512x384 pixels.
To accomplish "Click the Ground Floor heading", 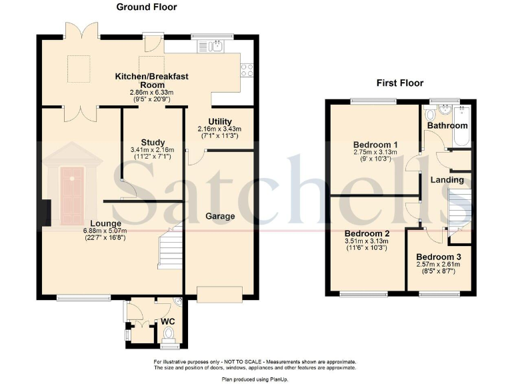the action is click(x=146, y=7).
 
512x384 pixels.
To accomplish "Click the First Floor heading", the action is click(x=400, y=83).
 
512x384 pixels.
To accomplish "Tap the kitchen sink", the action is click(x=210, y=47).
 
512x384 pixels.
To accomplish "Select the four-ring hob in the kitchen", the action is click(x=247, y=70).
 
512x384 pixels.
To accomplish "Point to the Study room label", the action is click(x=153, y=143).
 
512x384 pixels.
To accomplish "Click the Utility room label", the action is click(x=220, y=122).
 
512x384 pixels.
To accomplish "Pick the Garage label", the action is click(x=220, y=216).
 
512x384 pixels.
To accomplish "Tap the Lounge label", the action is click(x=105, y=224).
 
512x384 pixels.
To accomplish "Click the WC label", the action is click(x=168, y=321).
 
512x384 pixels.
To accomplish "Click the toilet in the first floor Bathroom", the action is click(x=430, y=113).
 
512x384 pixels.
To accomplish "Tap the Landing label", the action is click(x=447, y=180).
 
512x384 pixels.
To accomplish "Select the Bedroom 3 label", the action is click(x=439, y=257).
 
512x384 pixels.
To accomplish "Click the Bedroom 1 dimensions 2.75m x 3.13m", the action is click(x=375, y=152).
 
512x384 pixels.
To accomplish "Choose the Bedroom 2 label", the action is click(x=367, y=234).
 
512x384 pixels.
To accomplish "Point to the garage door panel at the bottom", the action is click(x=220, y=295).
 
